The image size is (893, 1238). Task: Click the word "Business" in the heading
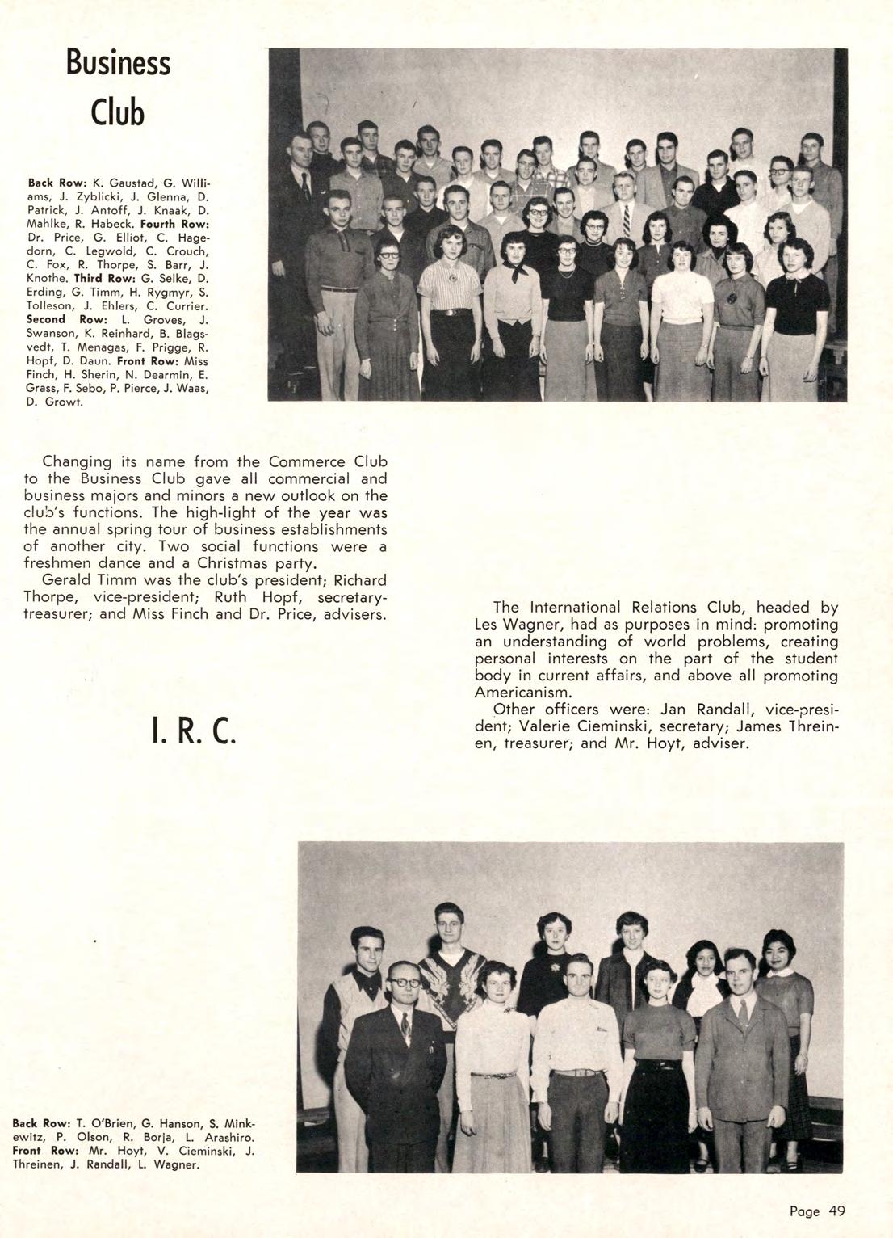click(x=119, y=63)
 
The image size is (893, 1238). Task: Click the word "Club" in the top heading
click(x=119, y=112)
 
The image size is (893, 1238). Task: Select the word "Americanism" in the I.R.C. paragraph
click(x=522, y=693)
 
